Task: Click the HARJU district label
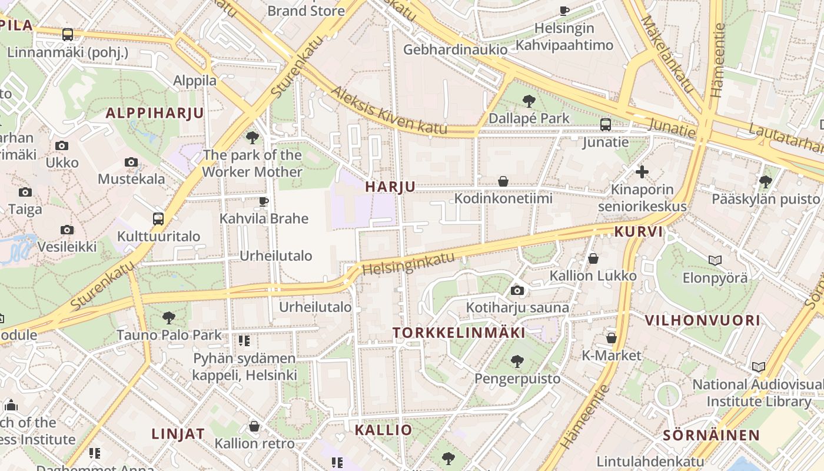click(x=390, y=187)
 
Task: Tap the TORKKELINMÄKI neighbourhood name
click(x=458, y=333)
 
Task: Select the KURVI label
click(x=639, y=232)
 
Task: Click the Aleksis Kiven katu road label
click(x=388, y=111)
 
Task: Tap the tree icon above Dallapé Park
click(x=529, y=101)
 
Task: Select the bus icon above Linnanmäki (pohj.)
click(x=68, y=35)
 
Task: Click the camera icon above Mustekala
click(x=131, y=162)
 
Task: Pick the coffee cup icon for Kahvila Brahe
click(x=264, y=202)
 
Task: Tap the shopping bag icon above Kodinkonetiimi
click(x=503, y=181)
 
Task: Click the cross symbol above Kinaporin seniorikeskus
click(x=642, y=172)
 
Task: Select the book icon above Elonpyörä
click(x=715, y=260)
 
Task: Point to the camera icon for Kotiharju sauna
click(x=517, y=290)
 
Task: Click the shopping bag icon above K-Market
click(x=612, y=338)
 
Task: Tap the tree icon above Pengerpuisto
click(x=517, y=361)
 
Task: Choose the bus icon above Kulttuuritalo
click(x=158, y=219)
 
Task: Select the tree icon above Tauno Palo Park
click(x=169, y=318)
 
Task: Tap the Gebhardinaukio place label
click(x=455, y=49)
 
